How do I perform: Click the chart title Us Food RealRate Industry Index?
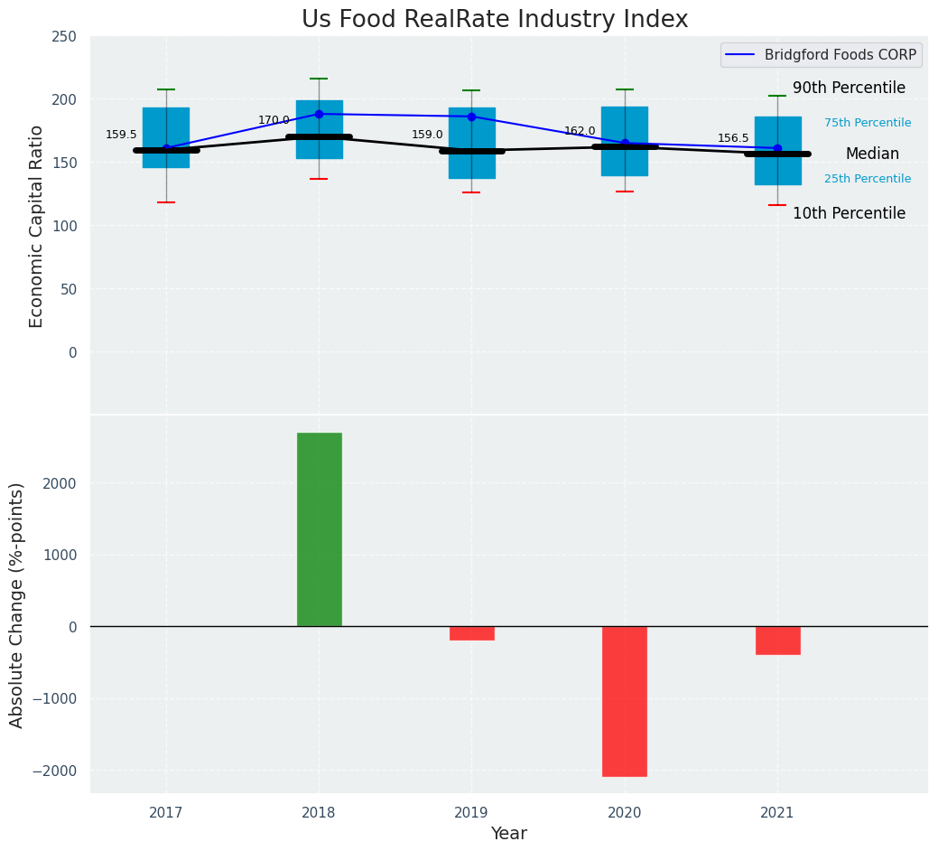[x=495, y=20]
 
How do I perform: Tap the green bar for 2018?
[x=319, y=529]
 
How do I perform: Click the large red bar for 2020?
[x=624, y=701]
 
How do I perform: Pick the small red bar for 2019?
[x=471, y=633]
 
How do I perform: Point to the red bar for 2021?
[x=777, y=641]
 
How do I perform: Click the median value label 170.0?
[x=274, y=121]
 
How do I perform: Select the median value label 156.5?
[x=733, y=139]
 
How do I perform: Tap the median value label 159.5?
[x=121, y=136]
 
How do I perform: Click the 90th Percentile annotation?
[x=849, y=89]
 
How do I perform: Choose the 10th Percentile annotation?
[x=849, y=214]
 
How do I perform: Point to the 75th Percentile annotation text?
[x=867, y=123]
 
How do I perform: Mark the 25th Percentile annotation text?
[x=867, y=179]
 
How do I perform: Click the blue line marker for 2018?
[x=319, y=114]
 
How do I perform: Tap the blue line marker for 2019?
[x=471, y=117]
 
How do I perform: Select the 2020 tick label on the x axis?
[x=624, y=813]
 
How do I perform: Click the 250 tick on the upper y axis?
[x=64, y=36]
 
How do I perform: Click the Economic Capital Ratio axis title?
[x=37, y=226]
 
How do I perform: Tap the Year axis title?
[x=508, y=834]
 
